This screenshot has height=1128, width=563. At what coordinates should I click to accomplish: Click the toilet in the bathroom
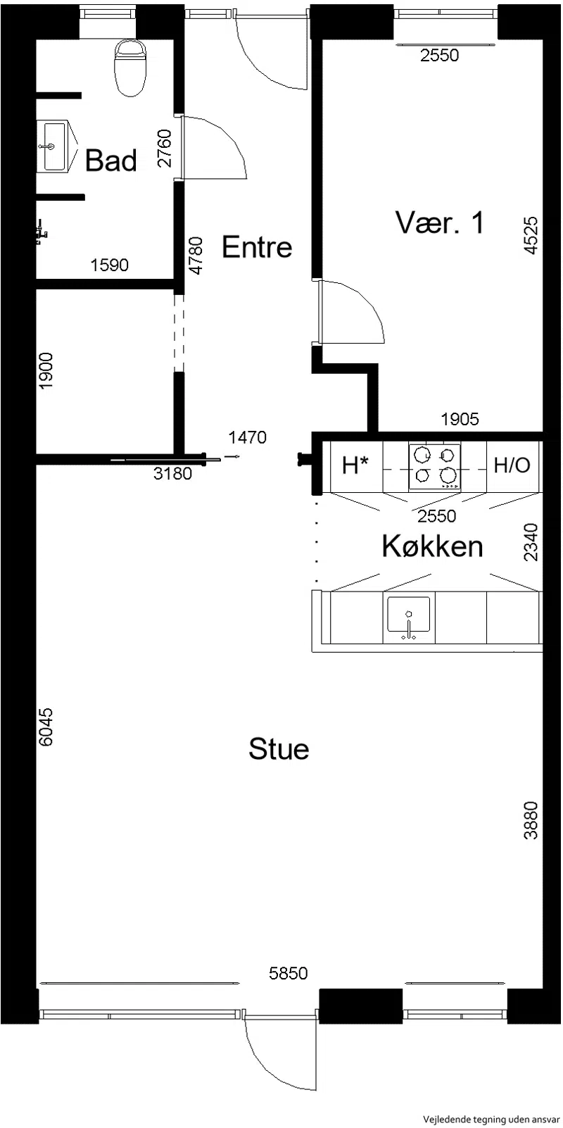(131, 68)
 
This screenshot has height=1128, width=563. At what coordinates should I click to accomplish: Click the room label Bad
(111, 161)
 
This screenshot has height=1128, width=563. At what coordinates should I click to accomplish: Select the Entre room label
(257, 247)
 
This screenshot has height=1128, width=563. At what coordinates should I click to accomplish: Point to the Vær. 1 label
(441, 222)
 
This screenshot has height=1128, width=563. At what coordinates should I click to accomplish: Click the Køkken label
(433, 546)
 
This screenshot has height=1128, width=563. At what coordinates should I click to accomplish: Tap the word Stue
(279, 748)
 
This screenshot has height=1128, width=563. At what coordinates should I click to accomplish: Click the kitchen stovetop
(435, 466)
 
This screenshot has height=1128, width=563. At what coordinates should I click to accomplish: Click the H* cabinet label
(355, 465)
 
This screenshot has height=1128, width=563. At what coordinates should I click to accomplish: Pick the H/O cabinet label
(512, 465)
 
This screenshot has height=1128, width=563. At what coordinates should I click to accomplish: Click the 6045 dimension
(45, 727)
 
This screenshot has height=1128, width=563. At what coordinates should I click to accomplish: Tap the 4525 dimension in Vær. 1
(531, 235)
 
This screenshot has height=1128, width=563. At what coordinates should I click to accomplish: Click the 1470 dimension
(247, 437)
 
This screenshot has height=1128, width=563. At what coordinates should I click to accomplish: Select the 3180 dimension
(172, 473)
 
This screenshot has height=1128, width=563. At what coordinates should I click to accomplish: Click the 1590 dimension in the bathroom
(110, 265)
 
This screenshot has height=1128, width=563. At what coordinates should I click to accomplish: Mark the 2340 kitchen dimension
(531, 542)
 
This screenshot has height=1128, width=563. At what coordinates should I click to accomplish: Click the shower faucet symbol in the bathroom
(41, 232)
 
